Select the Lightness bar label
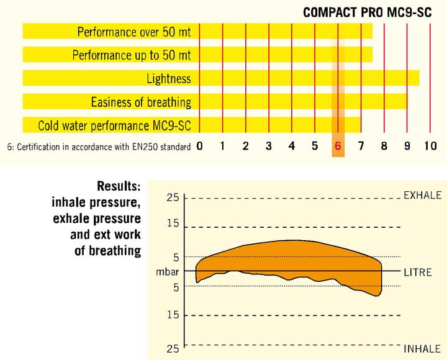(169, 78)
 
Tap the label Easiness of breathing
(141, 102)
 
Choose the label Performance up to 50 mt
(132, 55)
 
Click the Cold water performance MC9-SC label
(114, 125)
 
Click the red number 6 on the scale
(338, 146)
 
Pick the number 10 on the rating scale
(430, 146)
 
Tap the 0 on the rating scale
(199, 146)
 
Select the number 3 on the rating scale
(269, 146)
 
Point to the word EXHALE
(422, 196)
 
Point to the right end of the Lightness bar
(418, 78)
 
